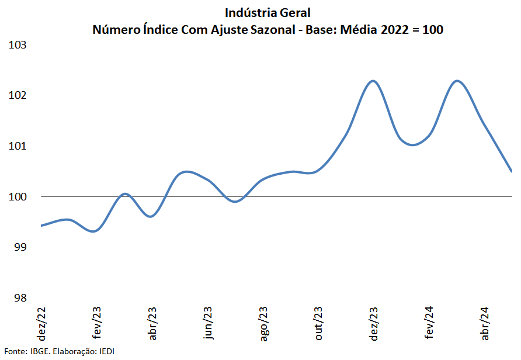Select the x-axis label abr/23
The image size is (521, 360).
pyautogui.click(x=152, y=324)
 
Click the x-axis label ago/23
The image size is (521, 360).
pyautogui.click(x=263, y=324)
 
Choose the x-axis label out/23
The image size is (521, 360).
pyautogui.click(x=319, y=324)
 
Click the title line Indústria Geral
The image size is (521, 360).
pyautogui.click(x=268, y=12)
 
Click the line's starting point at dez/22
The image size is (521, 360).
pyautogui.click(x=41, y=226)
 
